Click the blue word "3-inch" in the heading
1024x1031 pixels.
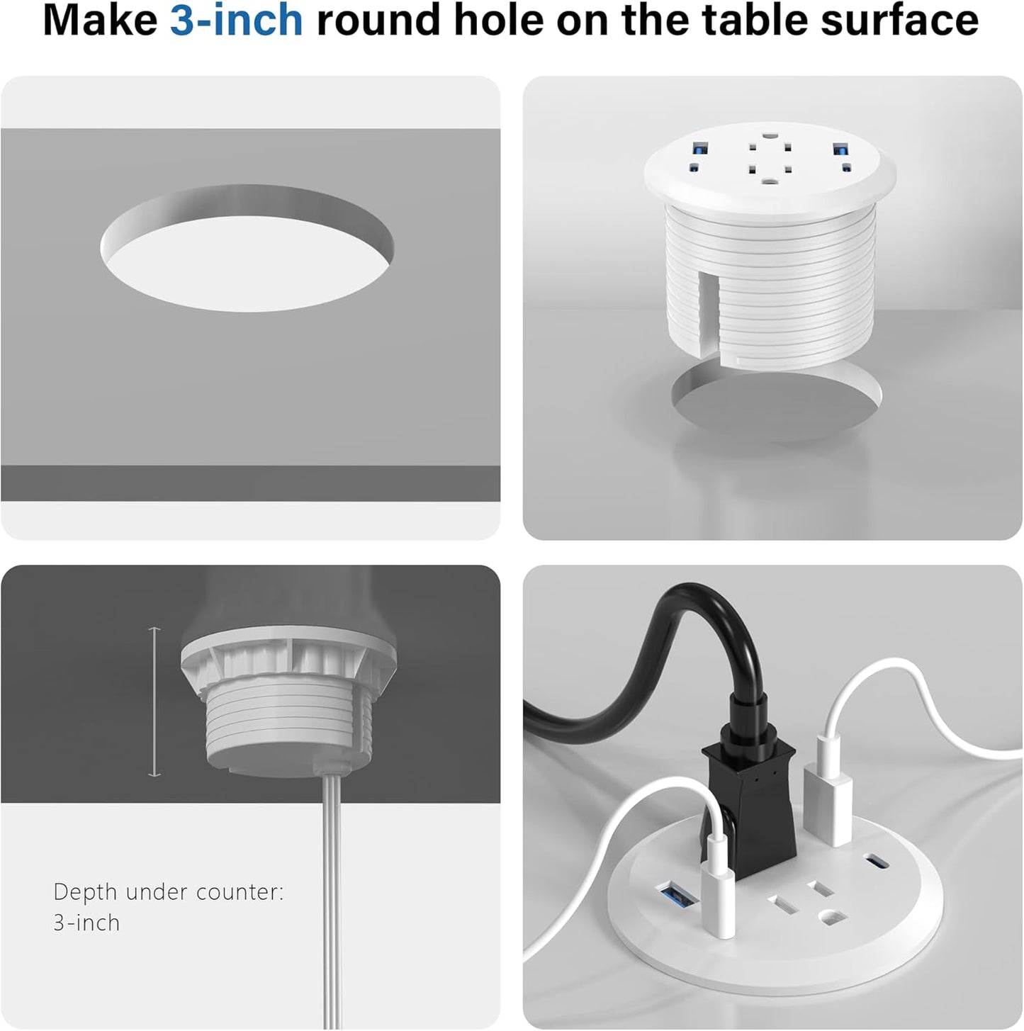click(236, 21)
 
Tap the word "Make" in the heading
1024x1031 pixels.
click(100, 21)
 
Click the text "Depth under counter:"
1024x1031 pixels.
click(169, 891)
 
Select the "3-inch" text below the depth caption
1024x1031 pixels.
click(86, 923)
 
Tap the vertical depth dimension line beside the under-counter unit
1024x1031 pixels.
click(154, 702)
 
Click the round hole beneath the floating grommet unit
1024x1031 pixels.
click(776, 404)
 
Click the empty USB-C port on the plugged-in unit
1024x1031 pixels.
click(876, 864)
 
